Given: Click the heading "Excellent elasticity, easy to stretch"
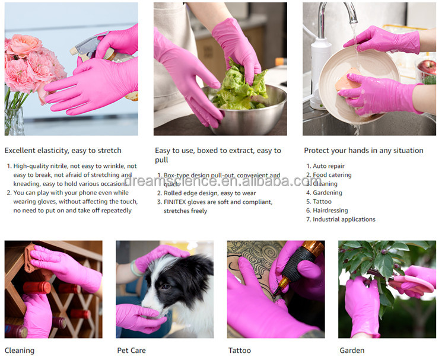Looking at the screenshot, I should (x=63, y=151).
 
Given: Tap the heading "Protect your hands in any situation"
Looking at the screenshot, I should (x=363, y=151).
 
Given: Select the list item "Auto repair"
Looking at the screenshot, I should (x=329, y=166).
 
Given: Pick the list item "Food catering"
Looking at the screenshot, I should (x=332, y=175).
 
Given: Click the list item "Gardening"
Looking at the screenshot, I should (x=328, y=193).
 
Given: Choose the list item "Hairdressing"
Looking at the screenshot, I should (x=330, y=211).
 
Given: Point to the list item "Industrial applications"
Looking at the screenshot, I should (x=344, y=219).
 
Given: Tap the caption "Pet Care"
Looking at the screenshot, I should (x=131, y=351).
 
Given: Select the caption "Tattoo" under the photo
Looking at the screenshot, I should (x=239, y=351).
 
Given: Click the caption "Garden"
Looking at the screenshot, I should (x=351, y=351).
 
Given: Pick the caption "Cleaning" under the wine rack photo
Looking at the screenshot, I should (x=20, y=351).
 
